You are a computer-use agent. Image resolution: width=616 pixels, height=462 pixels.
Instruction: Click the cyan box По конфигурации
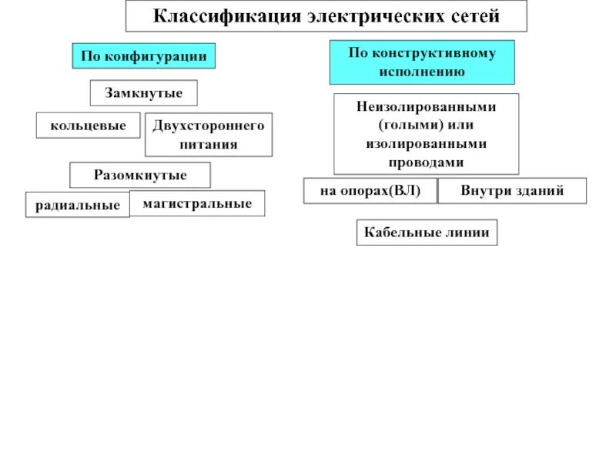(144, 56)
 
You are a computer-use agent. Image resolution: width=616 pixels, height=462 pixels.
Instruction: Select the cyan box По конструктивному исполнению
(422, 62)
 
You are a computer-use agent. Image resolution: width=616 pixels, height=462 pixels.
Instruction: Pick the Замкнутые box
(144, 93)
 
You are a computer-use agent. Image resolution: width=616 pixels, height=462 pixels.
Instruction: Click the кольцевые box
(89, 125)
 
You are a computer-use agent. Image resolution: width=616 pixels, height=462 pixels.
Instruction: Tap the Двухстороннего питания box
(209, 135)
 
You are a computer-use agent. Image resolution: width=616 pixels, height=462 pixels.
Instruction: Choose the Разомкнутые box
(140, 175)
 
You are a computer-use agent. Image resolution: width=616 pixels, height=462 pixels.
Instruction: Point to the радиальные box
(78, 205)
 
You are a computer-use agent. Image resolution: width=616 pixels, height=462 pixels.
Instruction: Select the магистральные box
(197, 203)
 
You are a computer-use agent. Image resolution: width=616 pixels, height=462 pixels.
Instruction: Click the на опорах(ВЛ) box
(370, 190)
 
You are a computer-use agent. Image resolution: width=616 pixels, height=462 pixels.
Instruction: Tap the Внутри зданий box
(512, 190)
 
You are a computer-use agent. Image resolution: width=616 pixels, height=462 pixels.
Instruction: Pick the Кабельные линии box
(427, 233)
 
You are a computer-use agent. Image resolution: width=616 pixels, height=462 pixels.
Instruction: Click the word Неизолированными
(426, 106)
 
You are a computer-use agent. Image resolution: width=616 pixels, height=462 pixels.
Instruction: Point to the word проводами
(426, 162)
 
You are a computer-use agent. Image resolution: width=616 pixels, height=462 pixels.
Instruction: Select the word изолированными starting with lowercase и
(426, 144)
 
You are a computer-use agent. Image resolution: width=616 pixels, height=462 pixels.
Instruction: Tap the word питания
(209, 144)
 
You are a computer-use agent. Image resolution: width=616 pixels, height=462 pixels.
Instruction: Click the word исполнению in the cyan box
(422, 72)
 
